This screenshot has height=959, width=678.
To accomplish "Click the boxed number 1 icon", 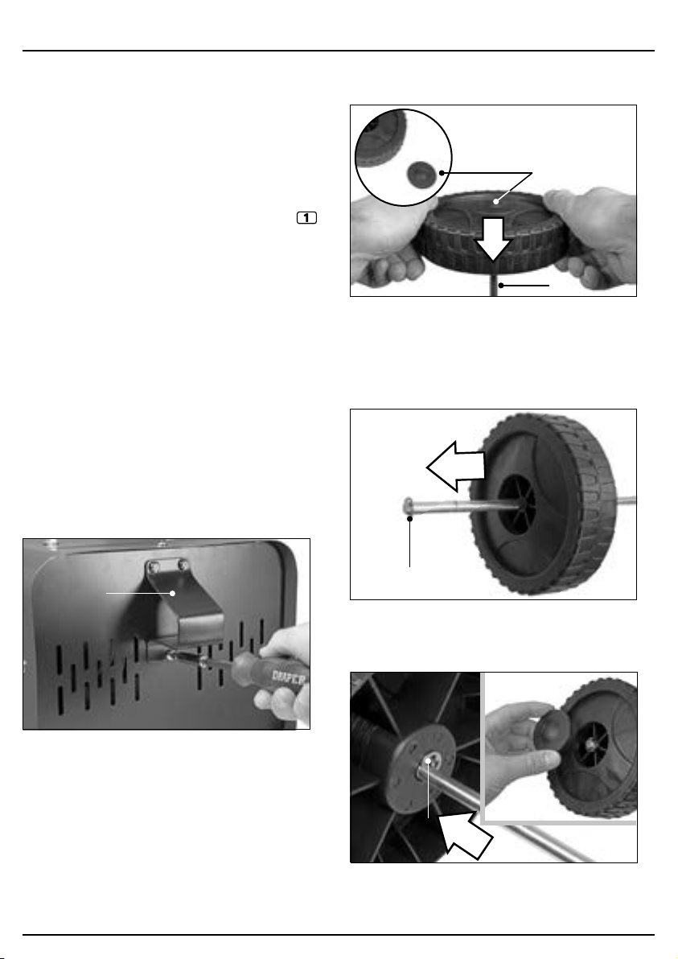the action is pyautogui.click(x=307, y=217).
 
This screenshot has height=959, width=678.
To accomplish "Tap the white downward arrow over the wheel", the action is pyautogui.click(x=493, y=238).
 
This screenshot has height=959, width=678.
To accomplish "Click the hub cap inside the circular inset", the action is pyautogui.click(x=421, y=175).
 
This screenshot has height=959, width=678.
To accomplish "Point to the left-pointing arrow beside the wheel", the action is pyautogui.click(x=455, y=466).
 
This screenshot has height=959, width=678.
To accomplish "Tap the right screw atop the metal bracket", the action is pyautogui.click(x=183, y=566).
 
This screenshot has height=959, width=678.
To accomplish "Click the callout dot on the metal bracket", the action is pyautogui.click(x=173, y=593).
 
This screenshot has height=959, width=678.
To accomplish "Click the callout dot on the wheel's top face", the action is pyautogui.click(x=495, y=200).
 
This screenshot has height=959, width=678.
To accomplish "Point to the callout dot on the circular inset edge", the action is pyautogui.click(x=442, y=173).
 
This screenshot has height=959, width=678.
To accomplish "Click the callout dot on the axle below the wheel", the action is pyautogui.click(x=501, y=285).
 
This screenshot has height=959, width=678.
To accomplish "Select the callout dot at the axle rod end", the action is pyautogui.click(x=409, y=519).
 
